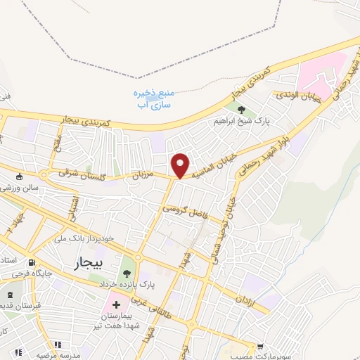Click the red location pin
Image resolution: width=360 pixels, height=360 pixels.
coord(181,165)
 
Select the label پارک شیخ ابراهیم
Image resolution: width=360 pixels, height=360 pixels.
coord(242,121)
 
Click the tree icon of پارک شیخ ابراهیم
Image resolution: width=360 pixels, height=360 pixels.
coord(241,110)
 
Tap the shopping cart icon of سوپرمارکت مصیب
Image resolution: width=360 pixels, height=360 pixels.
coord(261,346)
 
